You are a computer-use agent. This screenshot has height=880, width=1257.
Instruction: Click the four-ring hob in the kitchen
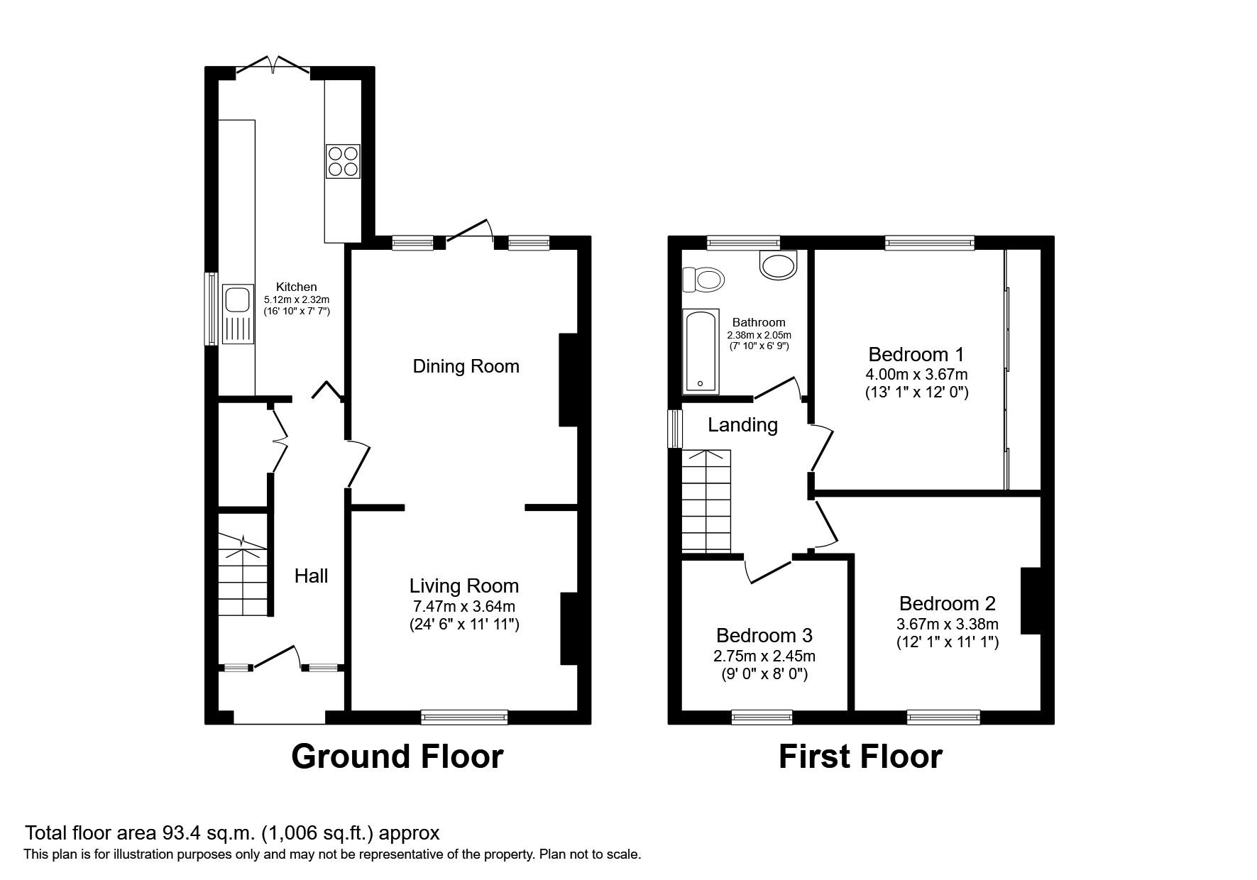click(343, 161)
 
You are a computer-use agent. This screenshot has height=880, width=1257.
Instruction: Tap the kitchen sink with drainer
click(237, 314)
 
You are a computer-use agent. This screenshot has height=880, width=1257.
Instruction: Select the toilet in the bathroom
click(703, 280)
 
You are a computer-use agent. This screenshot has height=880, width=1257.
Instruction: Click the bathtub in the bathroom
click(701, 351)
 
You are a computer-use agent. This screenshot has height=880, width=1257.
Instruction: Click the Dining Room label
click(466, 366)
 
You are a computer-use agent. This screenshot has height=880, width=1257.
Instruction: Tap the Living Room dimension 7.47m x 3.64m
click(464, 606)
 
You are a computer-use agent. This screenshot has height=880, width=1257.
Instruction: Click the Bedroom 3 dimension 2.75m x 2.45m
click(764, 656)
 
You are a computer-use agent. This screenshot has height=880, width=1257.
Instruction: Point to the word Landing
click(742, 425)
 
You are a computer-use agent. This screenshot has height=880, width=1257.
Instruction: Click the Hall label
click(311, 576)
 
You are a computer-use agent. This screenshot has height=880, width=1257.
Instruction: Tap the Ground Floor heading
click(397, 757)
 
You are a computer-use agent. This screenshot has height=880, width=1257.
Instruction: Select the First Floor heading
click(860, 757)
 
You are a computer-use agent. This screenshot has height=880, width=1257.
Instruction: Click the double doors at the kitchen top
click(273, 65)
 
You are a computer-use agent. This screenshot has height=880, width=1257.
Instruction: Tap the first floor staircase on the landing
click(706, 500)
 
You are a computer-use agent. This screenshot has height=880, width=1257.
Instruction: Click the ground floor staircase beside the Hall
click(242, 575)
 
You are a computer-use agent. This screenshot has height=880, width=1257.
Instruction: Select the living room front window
click(464, 717)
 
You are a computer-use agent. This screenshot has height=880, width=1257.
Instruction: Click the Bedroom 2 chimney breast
click(1030, 600)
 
